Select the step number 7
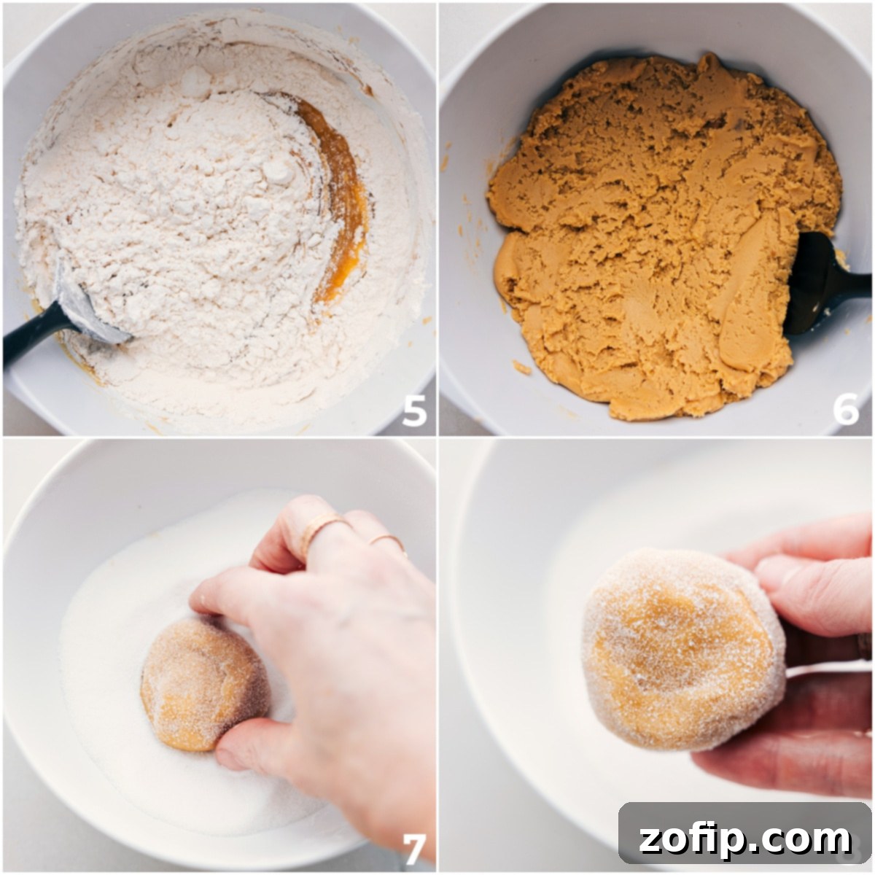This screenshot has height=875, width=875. click(x=414, y=848)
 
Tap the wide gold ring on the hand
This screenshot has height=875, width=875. click(x=321, y=531)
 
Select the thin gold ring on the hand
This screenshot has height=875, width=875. click(x=387, y=542)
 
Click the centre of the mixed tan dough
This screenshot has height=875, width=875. click(x=656, y=233)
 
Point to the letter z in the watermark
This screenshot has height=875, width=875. click(x=653, y=840)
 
